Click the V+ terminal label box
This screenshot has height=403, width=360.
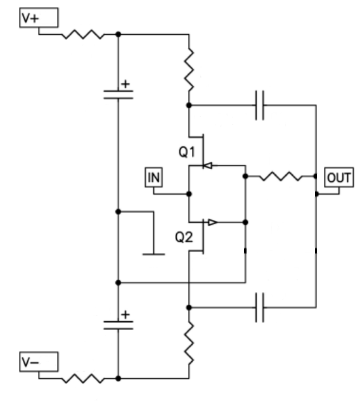[x=39, y=18]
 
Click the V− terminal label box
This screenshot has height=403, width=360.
[x=39, y=362]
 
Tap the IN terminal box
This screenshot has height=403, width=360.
[x=154, y=177]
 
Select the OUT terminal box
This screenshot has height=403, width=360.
[x=339, y=177]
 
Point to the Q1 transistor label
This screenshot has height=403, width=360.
[x=187, y=152]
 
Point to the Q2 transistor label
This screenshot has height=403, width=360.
[x=184, y=237]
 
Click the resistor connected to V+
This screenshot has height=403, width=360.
[x=83, y=34]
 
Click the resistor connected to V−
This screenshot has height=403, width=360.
[x=83, y=378]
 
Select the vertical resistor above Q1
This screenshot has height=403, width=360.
[x=189, y=70]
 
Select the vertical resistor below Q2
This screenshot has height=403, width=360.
[x=189, y=343]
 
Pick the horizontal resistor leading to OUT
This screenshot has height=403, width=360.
[x=281, y=176]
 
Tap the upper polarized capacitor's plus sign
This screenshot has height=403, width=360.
[x=125, y=84]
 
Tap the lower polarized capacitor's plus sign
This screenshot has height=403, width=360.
[x=125, y=314]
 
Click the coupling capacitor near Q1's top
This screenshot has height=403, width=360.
[x=260, y=105]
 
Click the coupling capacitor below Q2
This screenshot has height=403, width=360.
[x=260, y=307]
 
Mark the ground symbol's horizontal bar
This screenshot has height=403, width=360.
[x=154, y=254]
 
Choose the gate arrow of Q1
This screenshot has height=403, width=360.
[x=208, y=165]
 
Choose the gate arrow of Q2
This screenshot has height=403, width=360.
[x=213, y=222]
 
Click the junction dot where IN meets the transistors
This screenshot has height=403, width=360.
[x=189, y=194]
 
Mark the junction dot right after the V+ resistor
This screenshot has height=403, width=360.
[x=119, y=34]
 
